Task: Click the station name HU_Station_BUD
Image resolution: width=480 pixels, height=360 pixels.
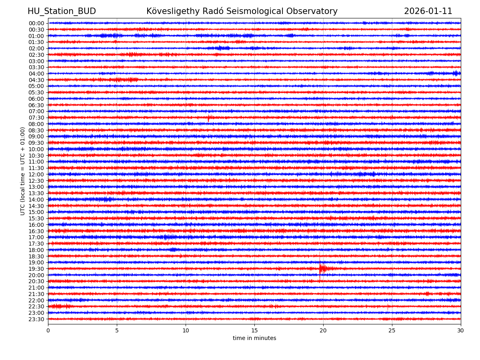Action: coord(62,11)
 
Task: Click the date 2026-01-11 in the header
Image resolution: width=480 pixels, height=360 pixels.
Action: coord(428,11)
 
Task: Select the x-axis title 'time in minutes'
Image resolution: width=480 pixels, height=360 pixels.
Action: coord(254,338)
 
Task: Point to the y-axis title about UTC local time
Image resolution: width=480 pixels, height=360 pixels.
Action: coord(23,171)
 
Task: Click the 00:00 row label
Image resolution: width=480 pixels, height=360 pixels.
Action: coord(36,23)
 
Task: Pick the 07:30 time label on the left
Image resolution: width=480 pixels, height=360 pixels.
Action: coord(36,118)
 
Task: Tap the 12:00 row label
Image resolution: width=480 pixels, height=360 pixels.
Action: coord(36,174)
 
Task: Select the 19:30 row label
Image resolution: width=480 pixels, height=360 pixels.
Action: coord(36,269)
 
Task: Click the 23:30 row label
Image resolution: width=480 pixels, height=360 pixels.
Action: coord(36,319)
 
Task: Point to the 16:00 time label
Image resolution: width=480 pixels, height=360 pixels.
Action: coord(36,225)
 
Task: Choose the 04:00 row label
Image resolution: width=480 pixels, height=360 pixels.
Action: coord(36,74)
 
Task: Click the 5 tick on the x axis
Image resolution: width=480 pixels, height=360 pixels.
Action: coord(117,330)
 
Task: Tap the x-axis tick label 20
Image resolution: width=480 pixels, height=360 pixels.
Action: coord(323,330)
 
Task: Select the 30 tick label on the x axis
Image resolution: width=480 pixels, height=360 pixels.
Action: coord(461,330)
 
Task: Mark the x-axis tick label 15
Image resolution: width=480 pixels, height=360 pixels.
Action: coord(254,330)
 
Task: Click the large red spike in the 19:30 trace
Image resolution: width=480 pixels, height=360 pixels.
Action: coord(320,268)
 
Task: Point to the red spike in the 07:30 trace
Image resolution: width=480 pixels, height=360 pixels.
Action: coord(208,118)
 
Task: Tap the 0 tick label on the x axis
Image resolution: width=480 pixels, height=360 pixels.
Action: coord(48,330)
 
